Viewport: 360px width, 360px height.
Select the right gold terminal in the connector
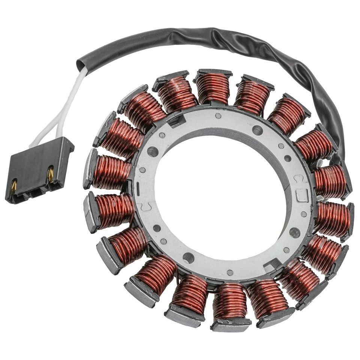click(50, 173)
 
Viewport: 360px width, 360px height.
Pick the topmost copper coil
click(213, 88)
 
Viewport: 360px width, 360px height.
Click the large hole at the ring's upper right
click(257, 130)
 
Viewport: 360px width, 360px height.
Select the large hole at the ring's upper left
click(153, 151)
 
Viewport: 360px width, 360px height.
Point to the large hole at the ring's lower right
click(294, 232)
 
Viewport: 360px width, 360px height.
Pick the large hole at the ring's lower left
click(188, 258)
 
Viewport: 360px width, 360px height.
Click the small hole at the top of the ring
click(218, 116)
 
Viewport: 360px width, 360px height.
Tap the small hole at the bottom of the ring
click(230, 273)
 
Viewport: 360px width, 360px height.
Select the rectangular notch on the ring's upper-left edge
click(176, 120)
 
